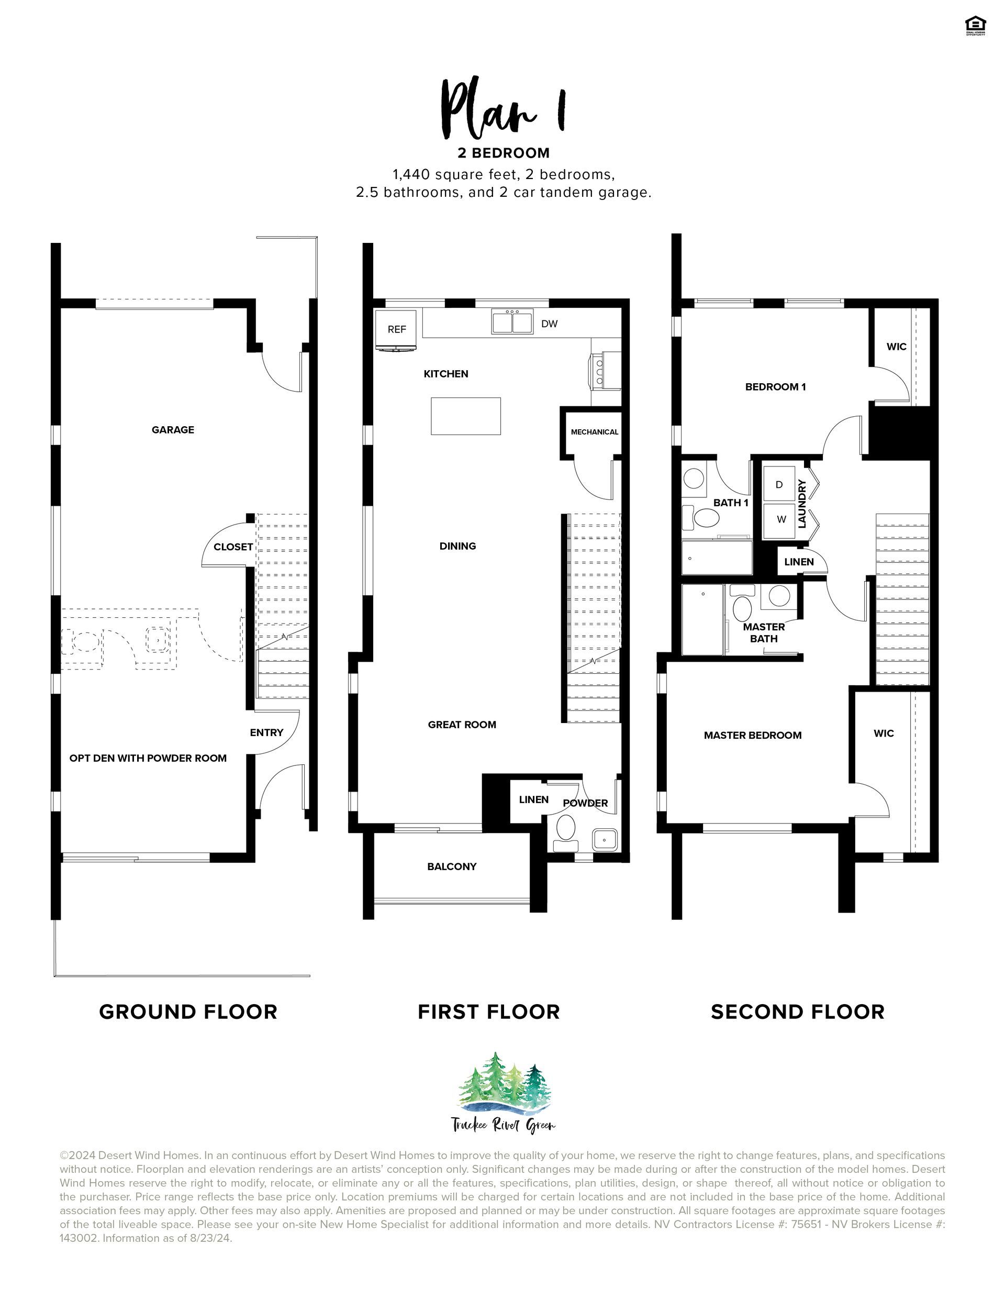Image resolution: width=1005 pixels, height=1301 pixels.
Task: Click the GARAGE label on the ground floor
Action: tap(173, 429)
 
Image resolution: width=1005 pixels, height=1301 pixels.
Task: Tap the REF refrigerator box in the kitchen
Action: tap(397, 329)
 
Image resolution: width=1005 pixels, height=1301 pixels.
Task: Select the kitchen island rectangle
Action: tap(466, 416)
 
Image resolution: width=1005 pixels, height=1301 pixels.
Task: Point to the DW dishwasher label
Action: tap(549, 324)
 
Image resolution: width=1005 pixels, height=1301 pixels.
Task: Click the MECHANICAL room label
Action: tap(595, 432)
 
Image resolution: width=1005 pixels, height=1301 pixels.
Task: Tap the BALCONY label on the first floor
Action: tap(452, 866)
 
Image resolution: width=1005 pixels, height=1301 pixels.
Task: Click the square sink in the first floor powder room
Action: tap(605, 839)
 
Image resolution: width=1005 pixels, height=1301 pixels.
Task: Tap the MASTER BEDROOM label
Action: tap(752, 735)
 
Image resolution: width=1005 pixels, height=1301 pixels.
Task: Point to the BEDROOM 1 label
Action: tap(776, 386)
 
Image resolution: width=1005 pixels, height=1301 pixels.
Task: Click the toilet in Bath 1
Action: tap(703, 518)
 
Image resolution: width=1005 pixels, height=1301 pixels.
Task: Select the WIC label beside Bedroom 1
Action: tap(896, 347)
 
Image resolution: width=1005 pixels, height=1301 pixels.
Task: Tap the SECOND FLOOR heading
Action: tap(798, 1012)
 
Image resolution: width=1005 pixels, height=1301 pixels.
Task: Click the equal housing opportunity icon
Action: tap(975, 26)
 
